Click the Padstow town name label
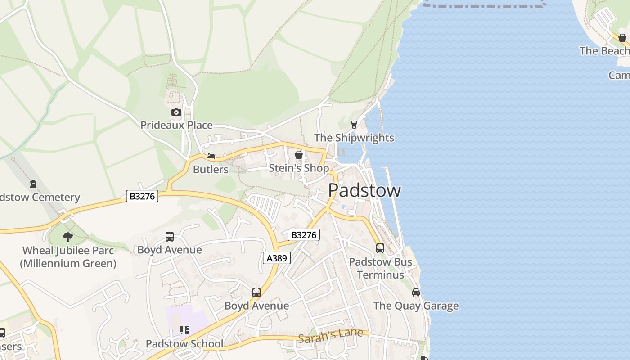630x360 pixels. click(x=364, y=190)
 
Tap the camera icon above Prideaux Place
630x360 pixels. click(x=176, y=112)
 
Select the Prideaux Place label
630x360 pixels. click(x=176, y=125)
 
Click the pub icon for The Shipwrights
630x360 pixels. click(x=354, y=124)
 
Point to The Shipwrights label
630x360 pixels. click(x=354, y=138)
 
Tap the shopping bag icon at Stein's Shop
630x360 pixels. click(x=299, y=155)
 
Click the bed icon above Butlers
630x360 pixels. click(x=210, y=157)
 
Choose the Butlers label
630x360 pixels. click(x=211, y=170)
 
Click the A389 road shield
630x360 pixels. click(x=277, y=258)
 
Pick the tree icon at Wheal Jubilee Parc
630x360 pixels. click(x=68, y=237)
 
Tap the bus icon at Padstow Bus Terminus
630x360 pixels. click(x=380, y=248)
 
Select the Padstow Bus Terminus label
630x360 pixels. click(x=380, y=268)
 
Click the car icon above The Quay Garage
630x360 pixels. click(x=416, y=292)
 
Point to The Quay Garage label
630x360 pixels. click(x=416, y=306)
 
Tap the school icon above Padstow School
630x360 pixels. click(x=184, y=331)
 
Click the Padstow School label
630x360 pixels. click(x=184, y=344)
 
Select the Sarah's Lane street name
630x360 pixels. click(x=330, y=336)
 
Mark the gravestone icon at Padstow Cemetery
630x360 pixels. click(x=33, y=184)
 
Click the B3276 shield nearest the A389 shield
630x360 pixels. click(x=304, y=235)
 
